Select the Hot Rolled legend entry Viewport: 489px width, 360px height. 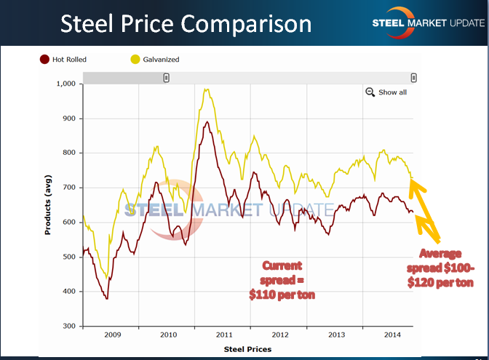(63, 60)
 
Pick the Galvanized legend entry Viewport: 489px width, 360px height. (154, 60)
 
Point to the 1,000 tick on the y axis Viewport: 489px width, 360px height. (65, 84)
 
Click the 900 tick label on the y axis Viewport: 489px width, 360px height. (69, 119)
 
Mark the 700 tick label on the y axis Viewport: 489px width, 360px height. (69, 188)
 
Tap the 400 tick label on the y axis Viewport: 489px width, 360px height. (69, 292)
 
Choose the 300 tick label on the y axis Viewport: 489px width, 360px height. (69, 327)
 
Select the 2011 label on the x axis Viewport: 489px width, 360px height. (223, 335)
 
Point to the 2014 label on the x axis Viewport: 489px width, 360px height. (391, 335)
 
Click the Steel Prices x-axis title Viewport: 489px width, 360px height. (248, 349)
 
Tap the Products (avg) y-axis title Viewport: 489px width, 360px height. (47, 204)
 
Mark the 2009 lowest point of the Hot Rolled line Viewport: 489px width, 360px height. (107, 298)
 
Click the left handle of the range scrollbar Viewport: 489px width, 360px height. (167, 78)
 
